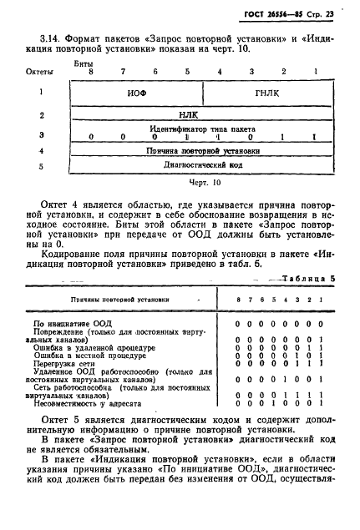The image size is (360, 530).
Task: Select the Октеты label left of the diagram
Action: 41,73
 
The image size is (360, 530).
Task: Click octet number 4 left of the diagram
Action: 41,151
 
